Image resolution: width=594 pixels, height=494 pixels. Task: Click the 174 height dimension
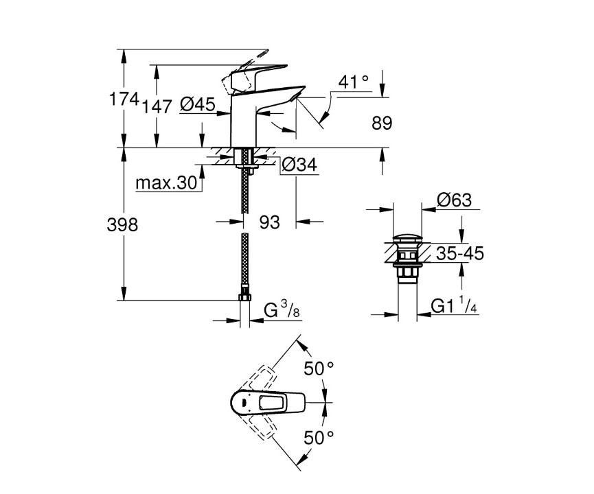click(x=124, y=100)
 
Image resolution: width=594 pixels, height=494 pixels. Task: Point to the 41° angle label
click(x=354, y=82)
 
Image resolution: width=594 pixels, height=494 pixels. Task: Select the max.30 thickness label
click(x=166, y=184)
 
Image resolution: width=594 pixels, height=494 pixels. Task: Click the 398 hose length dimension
click(x=124, y=224)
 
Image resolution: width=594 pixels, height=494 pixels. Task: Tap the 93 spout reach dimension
click(x=270, y=222)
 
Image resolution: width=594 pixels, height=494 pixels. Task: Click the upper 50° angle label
click(x=319, y=369)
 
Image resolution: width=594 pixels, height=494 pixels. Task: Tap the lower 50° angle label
click(x=319, y=436)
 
